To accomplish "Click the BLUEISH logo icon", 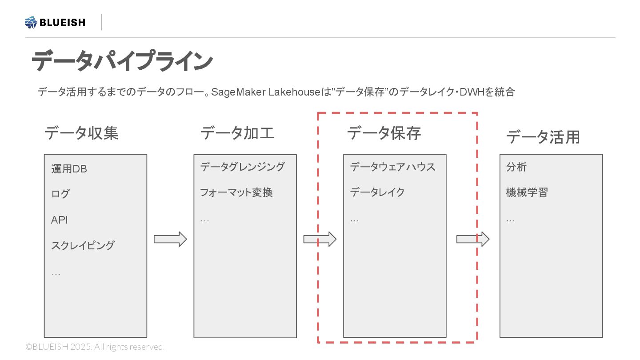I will [31, 22].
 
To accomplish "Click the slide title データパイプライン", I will [122, 61].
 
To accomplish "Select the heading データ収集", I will [81, 133].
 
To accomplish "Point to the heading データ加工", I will [237, 133].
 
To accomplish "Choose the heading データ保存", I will [384, 133].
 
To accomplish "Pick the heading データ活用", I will [543, 137].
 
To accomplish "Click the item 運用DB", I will [69, 169].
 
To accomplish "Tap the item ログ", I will [60, 194].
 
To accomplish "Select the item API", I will [60, 220].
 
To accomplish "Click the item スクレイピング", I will [83, 245].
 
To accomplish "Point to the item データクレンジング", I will [242, 167].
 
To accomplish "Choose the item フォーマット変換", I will [236, 193].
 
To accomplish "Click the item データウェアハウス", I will [393, 167].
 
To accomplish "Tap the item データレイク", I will [377, 192].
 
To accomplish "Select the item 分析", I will [516, 167].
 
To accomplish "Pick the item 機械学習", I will [527, 192].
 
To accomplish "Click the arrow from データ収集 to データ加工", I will [170, 239].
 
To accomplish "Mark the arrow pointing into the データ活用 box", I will [473, 239].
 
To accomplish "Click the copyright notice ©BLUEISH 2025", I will [95, 347].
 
